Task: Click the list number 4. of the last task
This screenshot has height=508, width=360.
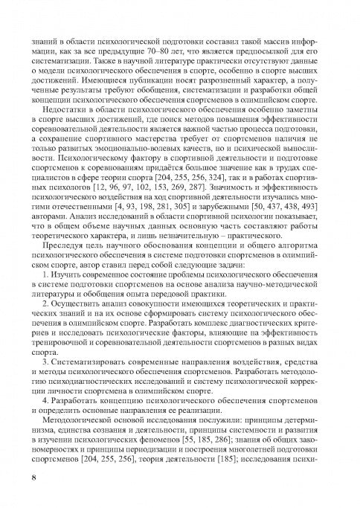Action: (x=45, y=399)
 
